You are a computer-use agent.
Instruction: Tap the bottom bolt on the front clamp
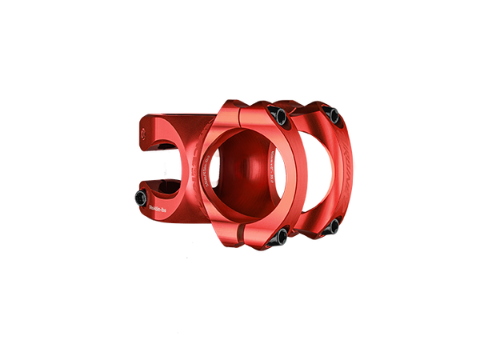tap(282, 234)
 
